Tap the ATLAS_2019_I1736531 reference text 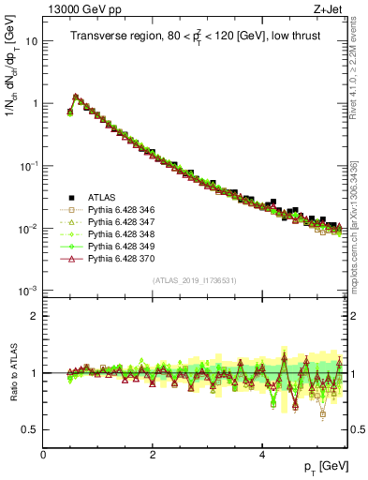pyautogui.click(x=194, y=280)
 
